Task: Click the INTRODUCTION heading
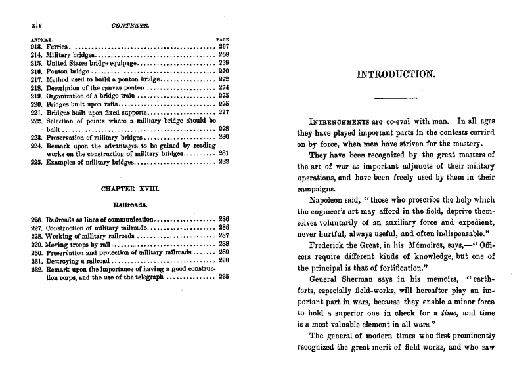pyautogui.click(x=396, y=74)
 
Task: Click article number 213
pyautogui.click(x=36, y=48)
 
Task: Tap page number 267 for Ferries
pyautogui.click(x=223, y=48)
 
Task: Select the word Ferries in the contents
pyautogui.click(x=57, y=48)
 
